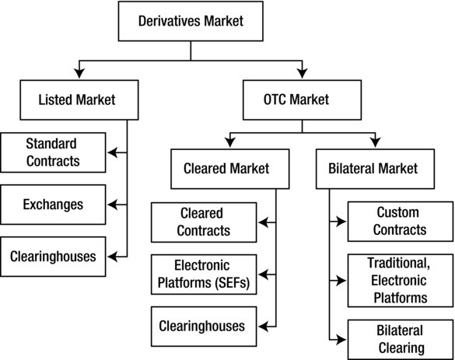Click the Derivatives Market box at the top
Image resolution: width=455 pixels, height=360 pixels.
[191, 21]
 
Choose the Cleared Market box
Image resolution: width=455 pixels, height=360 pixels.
[226, 167]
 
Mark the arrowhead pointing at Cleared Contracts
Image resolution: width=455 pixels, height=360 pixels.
[261, 222]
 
